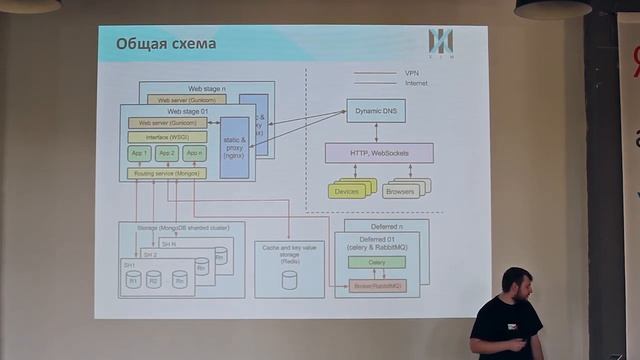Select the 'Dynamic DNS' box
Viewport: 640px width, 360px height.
pos(375,112)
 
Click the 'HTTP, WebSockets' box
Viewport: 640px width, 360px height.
pos(379,152)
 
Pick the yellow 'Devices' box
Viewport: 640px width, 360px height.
pos(347,190)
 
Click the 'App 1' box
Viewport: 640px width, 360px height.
pos(139,153)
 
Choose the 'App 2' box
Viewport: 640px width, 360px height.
pos(167,153)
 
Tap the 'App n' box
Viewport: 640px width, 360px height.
pos(195,153)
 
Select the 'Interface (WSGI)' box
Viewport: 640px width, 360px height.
pos(167,136)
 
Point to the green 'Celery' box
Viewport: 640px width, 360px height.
pos(377,262)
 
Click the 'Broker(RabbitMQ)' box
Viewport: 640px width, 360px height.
pos(377,286)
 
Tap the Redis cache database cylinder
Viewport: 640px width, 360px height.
pos(289,280)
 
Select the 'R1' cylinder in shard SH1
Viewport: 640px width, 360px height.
pos(133,280)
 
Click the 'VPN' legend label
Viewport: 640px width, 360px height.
pos(411,73)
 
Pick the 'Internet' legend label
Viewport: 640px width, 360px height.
pos(416,83)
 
